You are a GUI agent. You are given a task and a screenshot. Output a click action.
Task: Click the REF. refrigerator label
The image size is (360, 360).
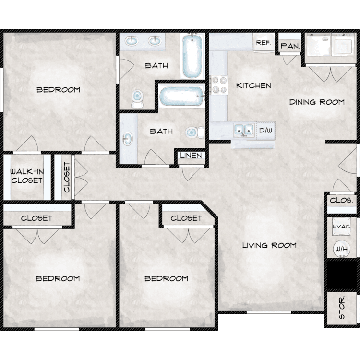(264, 43)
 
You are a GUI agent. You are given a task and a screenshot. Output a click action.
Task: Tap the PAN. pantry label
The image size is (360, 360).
(290, 46)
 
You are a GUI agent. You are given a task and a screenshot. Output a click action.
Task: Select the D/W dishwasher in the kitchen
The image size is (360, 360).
(265, 131)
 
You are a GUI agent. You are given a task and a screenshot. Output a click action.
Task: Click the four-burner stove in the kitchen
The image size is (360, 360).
(219, 85)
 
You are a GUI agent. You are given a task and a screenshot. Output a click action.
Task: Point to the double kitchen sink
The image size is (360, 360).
(244, 130)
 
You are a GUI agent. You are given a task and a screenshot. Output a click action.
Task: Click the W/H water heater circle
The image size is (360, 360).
(342, 249)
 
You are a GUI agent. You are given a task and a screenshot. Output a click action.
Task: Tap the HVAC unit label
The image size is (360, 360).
(341, 227)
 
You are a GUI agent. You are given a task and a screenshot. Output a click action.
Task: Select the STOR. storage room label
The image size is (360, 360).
(342, 307)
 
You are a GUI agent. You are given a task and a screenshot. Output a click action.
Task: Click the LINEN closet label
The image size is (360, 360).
(191, 156)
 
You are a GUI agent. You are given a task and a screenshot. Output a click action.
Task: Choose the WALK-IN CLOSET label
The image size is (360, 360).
(27, 176)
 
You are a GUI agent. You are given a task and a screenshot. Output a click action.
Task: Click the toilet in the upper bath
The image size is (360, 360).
(137, 99)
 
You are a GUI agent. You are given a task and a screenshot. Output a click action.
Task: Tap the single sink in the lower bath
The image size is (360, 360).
(127, 139)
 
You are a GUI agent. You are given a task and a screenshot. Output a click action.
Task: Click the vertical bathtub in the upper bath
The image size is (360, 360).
(192, 56)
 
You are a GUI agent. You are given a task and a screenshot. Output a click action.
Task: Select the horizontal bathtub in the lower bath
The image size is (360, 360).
(182, 96)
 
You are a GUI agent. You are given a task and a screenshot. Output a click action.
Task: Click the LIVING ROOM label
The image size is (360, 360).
(270, 245)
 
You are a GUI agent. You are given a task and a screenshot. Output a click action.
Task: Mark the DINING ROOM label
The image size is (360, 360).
(317, 102)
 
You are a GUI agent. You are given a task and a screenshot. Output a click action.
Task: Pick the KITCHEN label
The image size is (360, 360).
(254, 85)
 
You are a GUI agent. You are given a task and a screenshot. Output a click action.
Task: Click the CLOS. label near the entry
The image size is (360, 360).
(341, 201)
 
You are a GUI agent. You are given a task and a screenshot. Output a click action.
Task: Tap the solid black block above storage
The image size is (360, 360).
(342, 275)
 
